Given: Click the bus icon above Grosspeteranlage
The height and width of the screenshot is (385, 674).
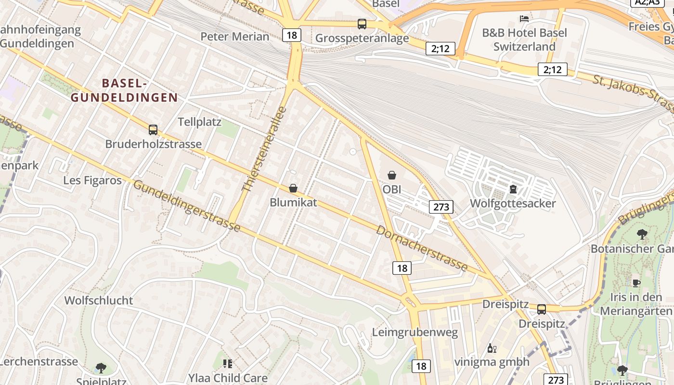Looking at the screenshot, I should click(x=362, y=24).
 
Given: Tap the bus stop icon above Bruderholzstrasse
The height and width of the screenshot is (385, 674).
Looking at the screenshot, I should click(x=153, y=130).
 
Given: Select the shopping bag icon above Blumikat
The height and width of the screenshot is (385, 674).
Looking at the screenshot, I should click(x=293, y=188).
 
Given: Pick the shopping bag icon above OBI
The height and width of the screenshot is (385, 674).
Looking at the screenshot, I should click(x=392, y=175).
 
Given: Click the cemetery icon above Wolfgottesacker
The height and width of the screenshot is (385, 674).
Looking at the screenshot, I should click(x=513, y=189).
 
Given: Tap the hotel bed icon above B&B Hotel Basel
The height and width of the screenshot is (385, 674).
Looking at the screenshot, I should click(x=524, y=19).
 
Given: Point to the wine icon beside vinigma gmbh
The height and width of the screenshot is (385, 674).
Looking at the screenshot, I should click(x=492, y=348).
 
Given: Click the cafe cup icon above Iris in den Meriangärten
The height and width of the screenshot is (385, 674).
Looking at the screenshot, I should click(x=636, y=283).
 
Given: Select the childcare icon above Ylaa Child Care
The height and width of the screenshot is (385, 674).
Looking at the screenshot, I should click(x=228, y=364).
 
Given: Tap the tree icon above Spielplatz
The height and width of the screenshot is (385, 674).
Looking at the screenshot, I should click(x=101, y=369).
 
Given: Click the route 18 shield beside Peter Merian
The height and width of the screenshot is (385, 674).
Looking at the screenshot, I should click(x=292, y=35).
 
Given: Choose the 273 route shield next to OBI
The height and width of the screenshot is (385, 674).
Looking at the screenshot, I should click(x=441, y=207).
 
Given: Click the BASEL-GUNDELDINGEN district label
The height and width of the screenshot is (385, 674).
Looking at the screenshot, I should click(x=124, y=90).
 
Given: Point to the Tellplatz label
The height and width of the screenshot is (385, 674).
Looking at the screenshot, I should click(x=200, y=122).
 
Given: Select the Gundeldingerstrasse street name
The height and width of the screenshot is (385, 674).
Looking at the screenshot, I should click(x=187, y=205).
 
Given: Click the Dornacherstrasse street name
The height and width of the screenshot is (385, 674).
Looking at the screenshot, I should click(x=422, y=248).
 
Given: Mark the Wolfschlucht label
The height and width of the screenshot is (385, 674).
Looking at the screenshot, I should click(x=99, y=301).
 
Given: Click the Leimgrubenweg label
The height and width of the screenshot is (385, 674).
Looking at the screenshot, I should click(x=415, y=333).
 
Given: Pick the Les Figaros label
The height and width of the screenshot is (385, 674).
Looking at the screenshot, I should click(x=92, y=180).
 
